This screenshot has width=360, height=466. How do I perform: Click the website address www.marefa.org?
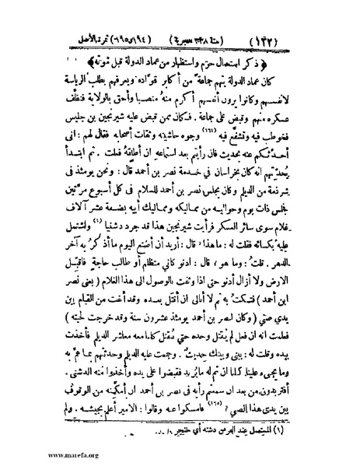[39, 457]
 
